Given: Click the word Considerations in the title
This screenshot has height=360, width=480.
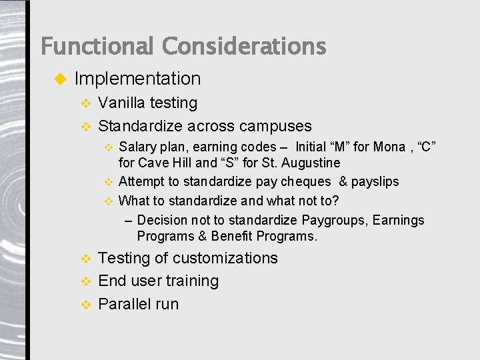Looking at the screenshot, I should [x=244, y=47].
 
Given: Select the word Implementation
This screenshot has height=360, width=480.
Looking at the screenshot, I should [x=137, y=79].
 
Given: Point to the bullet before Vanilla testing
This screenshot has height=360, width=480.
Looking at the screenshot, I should [x=85, y=103].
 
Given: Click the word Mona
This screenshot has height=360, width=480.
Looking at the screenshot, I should [x=389, y=147].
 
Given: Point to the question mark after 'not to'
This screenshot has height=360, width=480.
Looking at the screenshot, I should [x=335, y=201].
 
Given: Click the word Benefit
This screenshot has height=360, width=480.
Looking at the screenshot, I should [x=230, y=236].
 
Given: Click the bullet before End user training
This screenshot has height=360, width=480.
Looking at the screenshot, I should [x=85, y=281].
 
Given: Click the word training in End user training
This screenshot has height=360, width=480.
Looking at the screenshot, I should [x=191, y=281].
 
